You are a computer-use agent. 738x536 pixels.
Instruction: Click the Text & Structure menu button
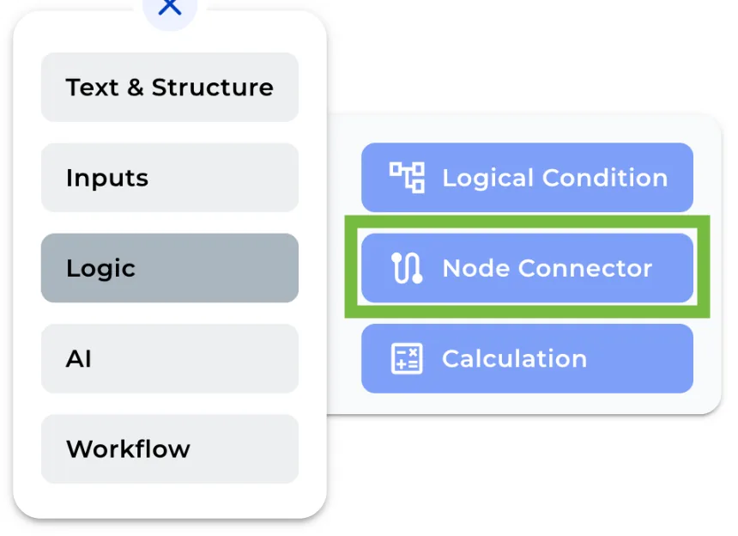pyautogui.click(x=169, y=88)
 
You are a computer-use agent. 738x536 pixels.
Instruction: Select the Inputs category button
pyautogui.click(x=169, y=178)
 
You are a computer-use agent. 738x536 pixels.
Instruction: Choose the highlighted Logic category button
pyautogui.click(x=169, y=268)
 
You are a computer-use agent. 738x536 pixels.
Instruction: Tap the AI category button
pyautogui.click(x=169, y=358)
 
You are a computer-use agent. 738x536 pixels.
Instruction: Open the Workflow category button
pyautogui.click(x=169, y=448)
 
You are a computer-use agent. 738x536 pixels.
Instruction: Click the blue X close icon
pyautogui.click(x=170, y=7)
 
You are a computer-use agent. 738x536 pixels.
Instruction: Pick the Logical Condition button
pyautogui.click(x=526, y=178)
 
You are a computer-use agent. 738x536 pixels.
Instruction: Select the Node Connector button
pyautogui.click(x=526, y=268)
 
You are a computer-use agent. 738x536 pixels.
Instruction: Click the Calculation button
pyautogui.click(x=526, y=358)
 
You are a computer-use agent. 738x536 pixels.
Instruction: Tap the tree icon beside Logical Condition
pyautogui.click(x=408, y=178)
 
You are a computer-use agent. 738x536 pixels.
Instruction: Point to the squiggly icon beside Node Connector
pyautogui.click(x=407, y=268)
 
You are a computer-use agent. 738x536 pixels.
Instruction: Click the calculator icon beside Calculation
pyautogui.click(x=407, y=358)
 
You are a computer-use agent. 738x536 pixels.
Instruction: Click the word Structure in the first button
pyautogui.click(x=212, y=88)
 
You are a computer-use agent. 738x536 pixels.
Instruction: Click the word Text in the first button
pyautogui.click(x=92, y=88)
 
